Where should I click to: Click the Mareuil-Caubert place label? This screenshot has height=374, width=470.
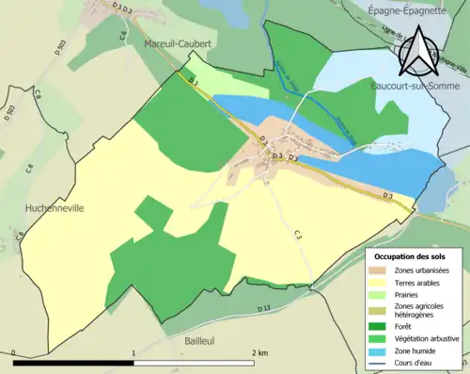point(177,43)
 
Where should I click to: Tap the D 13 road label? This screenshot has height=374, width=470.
point(262,309)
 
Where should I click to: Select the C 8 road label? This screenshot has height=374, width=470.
point(29,170)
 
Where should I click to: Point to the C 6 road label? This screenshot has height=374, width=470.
point(122,36)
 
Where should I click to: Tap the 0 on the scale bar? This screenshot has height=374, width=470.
point(14,353)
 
